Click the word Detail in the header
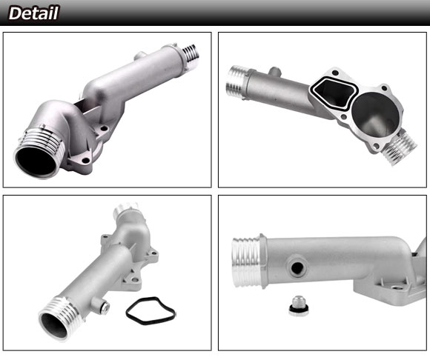click(x=33, y=13)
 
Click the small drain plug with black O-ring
click(x=299, y=306)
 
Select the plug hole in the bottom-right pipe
click(x=297, y=267)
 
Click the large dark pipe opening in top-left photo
click(x=36, y=161)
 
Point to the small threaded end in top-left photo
click(x=191, y=53)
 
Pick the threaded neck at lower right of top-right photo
click(x=400, y=147)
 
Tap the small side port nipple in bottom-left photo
click(x=102, y=305)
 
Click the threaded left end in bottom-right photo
click(x=247, y=262)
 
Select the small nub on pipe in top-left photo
click(x=140, y=56)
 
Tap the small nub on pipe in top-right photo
click(x=274, y=72)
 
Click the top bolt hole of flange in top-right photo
click(x=335, y=73)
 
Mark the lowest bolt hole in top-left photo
click(x=86, y=160)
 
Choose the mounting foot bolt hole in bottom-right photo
click(x=394, y=288)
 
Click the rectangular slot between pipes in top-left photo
click(x=87, y=107)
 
